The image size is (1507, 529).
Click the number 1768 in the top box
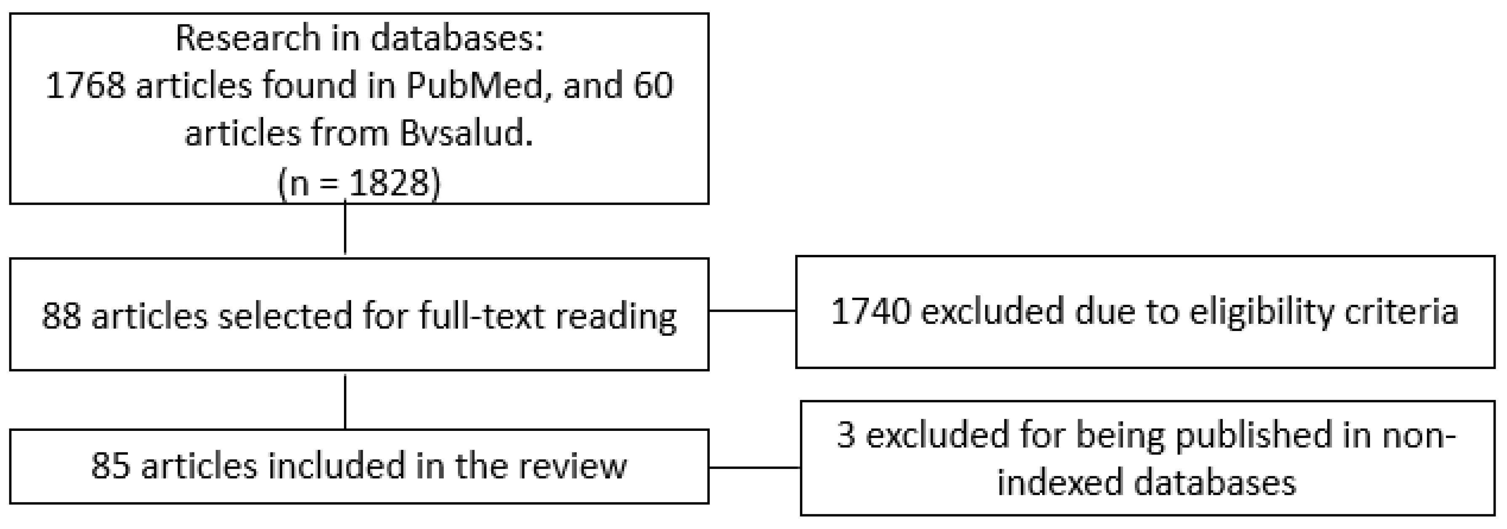(x=85, y=86)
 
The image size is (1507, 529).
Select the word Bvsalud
(x=466, y=134)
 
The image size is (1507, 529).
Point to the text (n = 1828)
(x=359, y=183)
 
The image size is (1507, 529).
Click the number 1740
(x=871, y=311)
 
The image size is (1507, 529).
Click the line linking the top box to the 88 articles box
(x=345, y=228)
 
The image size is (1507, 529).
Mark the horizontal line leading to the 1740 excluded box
(x=752, y=311)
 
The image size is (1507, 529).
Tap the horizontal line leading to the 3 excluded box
(x=755, y=468)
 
